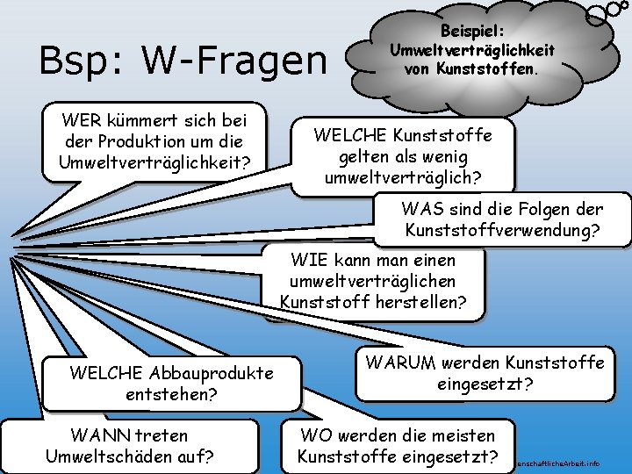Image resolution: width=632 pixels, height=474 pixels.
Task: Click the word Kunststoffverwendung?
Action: coord(502,231)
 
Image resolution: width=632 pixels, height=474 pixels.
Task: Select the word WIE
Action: coord(309,260)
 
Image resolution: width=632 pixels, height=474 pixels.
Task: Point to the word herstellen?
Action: coord(421,302)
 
